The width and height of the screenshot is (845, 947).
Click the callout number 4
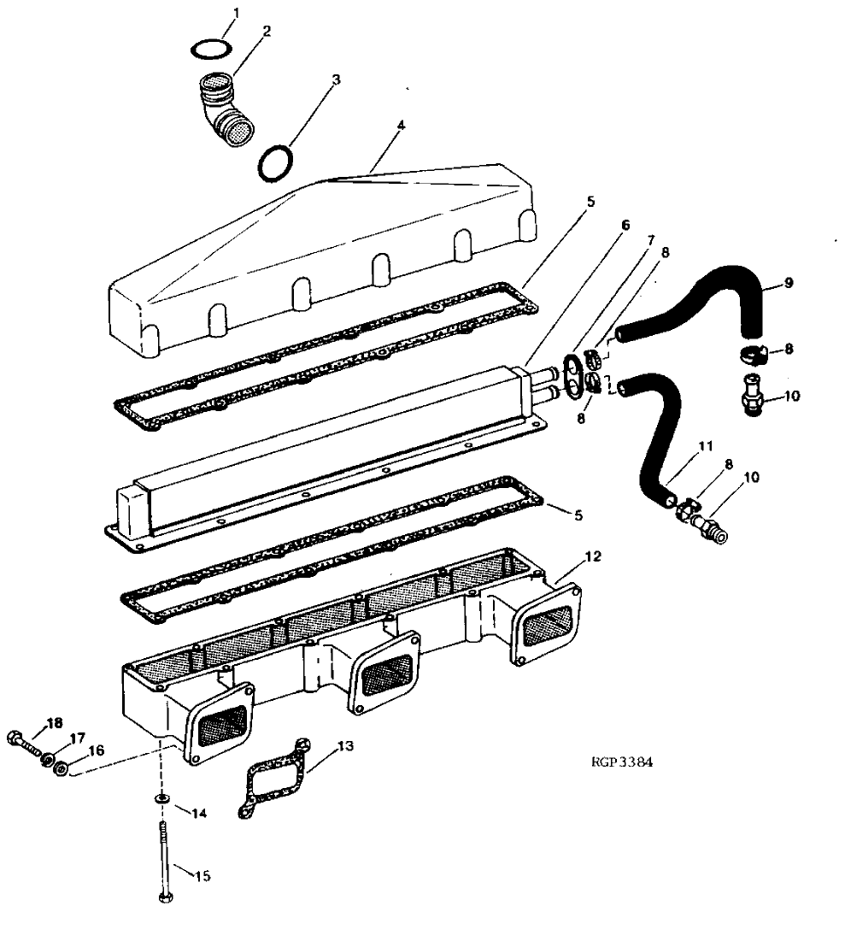[401, 125]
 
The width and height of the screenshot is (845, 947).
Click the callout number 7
[653, 241]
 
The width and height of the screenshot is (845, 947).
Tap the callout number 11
[705, 445]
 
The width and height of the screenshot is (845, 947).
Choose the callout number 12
[593, 556]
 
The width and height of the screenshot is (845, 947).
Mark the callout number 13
[345, 746]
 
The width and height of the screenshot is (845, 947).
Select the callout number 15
[203, 875]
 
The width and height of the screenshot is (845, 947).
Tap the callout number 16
[97, 750]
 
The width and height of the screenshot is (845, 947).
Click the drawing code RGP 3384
[621, 763]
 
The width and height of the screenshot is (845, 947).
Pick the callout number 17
[78, 738]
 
